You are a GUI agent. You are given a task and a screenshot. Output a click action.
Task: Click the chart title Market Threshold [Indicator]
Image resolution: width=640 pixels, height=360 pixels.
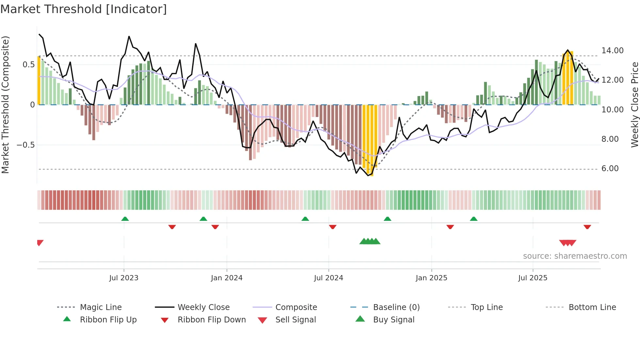pos(84,9)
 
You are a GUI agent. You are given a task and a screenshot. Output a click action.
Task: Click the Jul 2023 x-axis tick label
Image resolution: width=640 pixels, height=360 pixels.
pos(124,278)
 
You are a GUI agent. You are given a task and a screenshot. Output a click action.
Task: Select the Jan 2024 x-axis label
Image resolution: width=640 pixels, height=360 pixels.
pos(227,278)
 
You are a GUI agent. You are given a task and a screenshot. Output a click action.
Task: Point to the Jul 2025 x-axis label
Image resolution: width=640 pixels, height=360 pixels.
pos(533,278)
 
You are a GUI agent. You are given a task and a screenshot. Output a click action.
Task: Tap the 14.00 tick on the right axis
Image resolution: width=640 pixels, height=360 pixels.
pos(612,51)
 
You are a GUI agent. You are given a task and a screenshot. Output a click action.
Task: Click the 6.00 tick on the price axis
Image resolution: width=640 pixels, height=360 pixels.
pos(610,169)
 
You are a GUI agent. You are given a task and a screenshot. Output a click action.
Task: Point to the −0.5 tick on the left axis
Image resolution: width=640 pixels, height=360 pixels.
pos(26,145)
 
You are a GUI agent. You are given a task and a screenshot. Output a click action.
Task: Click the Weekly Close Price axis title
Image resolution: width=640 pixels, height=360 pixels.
pos(634,105)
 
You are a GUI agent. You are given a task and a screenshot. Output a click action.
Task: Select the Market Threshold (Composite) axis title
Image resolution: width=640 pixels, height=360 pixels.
pos(5,105)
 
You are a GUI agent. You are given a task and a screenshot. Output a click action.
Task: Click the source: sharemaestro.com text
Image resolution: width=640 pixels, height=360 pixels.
pos(575,256)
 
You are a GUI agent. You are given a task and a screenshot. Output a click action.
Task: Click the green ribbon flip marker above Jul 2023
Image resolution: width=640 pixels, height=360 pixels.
pos(125,219)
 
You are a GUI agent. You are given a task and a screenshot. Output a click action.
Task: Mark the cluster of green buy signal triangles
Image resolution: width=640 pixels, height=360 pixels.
pos(370,241)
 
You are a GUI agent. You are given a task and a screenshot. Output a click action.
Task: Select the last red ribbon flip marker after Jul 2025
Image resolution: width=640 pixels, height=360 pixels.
pos(587,227)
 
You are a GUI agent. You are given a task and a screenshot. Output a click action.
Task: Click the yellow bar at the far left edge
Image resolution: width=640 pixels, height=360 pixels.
pos(39,80)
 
